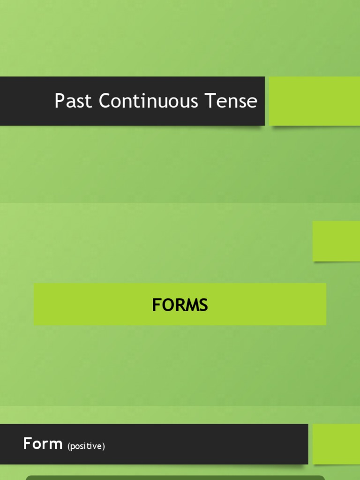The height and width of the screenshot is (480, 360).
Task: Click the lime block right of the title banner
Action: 315,101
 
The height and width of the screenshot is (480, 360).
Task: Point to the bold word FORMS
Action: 180,305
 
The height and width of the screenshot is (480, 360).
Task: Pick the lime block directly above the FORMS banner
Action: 336,241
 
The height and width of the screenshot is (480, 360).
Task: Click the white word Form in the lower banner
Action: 43,443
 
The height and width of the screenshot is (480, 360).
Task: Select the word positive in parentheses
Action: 86,446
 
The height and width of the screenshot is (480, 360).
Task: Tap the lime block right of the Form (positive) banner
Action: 336,444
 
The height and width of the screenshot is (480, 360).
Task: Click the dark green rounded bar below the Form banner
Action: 175,477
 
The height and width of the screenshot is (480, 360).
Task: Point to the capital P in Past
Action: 59,101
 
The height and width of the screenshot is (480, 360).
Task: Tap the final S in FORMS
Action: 203,305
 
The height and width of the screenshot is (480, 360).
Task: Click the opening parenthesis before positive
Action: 69,446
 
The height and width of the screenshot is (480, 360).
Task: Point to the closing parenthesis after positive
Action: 104,446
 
